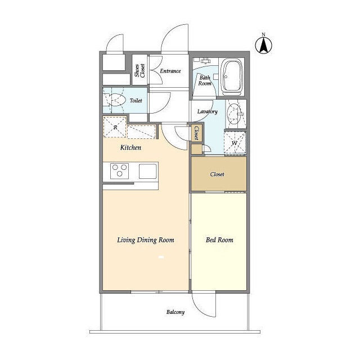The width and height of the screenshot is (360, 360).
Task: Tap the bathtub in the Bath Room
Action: click(231, 77)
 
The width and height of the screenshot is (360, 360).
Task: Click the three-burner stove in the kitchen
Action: click(119, 171)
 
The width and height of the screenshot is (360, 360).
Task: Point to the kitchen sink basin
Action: click(148, 171)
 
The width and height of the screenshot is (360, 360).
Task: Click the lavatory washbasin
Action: click(235, 114)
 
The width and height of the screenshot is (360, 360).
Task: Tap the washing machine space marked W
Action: click(235, 142)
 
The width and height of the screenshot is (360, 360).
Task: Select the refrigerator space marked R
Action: click(115, 127)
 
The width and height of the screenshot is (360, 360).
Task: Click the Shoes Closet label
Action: click(140, 70)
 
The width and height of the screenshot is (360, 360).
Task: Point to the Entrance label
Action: click(170, 71)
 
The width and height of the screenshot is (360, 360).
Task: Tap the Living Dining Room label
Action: click(146, 240)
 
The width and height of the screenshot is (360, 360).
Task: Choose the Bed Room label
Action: click(219, 240)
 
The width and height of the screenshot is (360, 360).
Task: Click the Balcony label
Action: click(175, 312)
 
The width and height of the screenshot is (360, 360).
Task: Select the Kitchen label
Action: click(130, 147)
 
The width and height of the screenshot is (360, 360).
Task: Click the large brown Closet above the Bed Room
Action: click(219, 174)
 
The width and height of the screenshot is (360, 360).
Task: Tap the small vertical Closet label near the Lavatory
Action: click(196, 133)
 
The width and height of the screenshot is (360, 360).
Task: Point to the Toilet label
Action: click(136, 100)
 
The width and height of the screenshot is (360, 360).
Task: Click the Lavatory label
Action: click(208, 111)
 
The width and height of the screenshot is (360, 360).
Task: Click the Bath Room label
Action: click(205, 80)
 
